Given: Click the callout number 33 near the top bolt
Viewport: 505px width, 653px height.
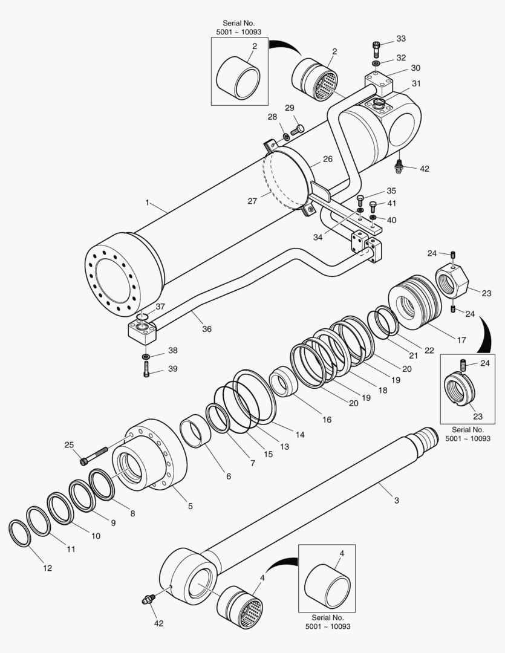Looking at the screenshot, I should [401, 39].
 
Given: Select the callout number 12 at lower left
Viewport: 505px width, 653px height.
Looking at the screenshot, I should [47, 568].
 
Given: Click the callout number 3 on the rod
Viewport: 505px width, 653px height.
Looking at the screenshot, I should [396, 500].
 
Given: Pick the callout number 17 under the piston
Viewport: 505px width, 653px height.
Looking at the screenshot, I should [461, 340].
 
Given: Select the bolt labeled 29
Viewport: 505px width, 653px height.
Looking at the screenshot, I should [297, 129].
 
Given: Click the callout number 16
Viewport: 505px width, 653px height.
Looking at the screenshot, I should [327, 419].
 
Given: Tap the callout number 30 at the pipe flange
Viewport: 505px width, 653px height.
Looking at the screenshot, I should [415, 68].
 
